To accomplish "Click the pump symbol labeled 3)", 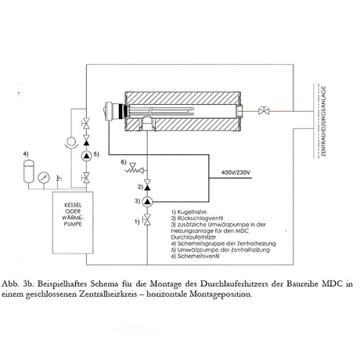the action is point(147,201).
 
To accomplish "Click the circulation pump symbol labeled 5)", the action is point(86,156).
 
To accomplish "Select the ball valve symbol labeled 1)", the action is point(147,219).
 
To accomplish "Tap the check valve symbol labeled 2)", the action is point(147,185).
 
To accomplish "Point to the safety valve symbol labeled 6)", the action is point(135,168).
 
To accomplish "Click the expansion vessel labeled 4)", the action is point(29,171).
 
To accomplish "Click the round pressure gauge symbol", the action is point(44,178).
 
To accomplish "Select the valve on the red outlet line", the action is point(264,110).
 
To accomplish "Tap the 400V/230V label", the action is point(236,172).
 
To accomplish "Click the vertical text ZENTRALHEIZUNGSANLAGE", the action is point(324,121).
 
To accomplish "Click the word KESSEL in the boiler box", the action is point(73,205).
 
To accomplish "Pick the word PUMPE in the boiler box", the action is point(73,224).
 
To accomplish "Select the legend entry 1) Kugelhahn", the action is point(189,212).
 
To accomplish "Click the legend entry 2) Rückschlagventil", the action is point(197,218).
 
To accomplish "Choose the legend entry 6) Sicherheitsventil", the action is point(195,256).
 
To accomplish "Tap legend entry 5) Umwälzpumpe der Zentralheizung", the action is point(221,250).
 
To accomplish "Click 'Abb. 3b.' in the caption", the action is point(18,283).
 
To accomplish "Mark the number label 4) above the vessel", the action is point(26,154).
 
